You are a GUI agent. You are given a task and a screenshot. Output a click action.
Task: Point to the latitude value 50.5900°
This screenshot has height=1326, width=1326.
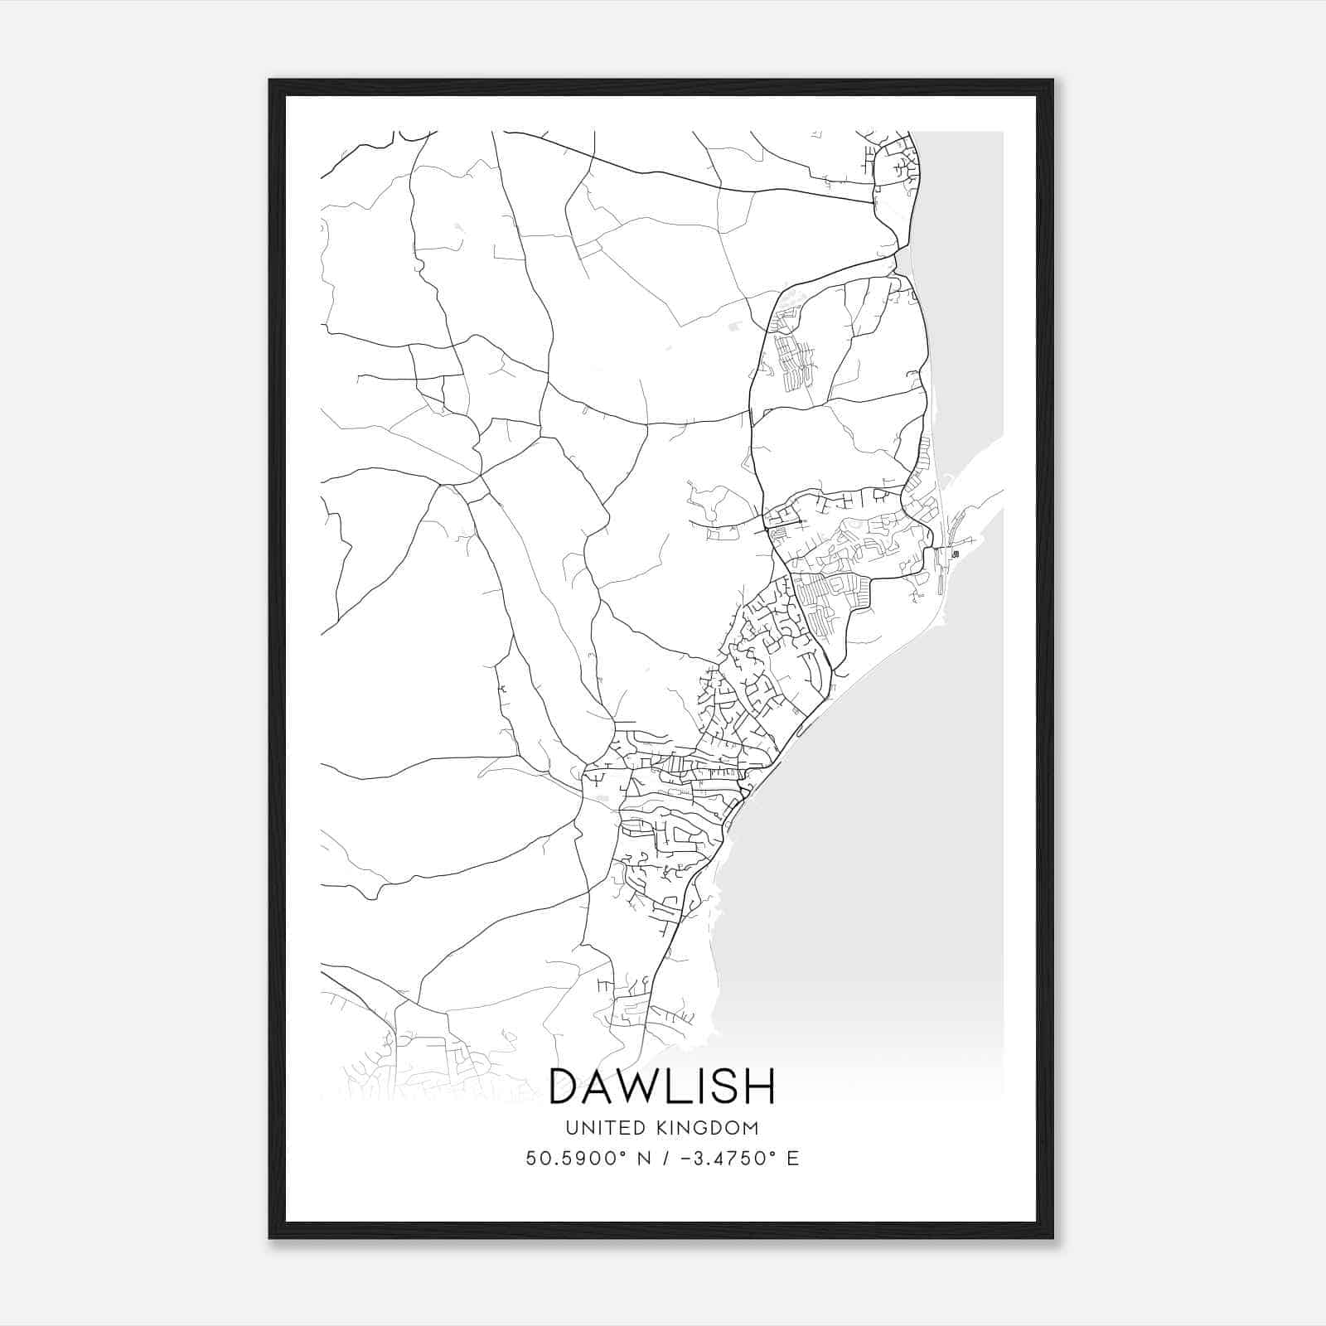point(580,1159)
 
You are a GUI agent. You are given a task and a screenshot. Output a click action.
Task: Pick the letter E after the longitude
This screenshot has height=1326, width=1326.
point(793,1159)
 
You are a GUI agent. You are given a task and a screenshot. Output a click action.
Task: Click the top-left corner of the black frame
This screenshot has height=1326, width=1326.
point(270,80)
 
